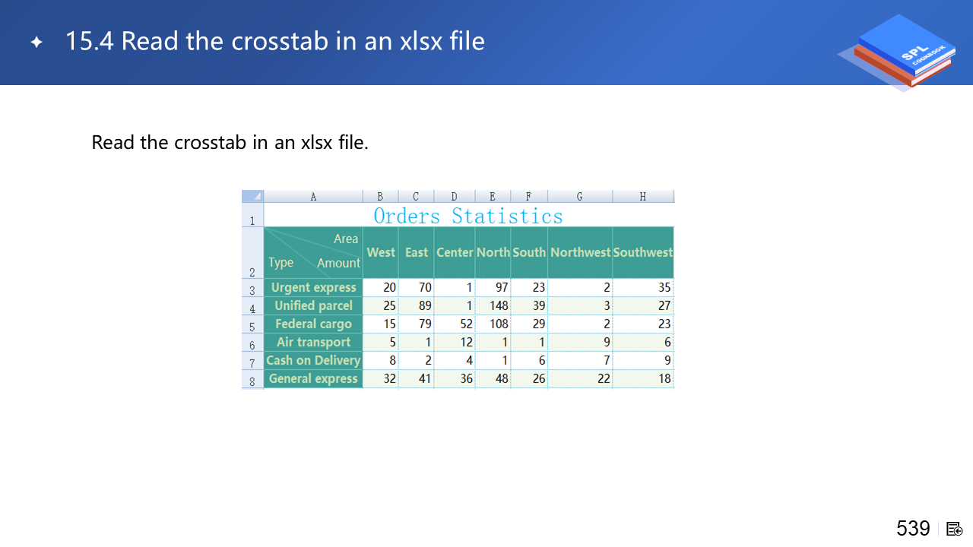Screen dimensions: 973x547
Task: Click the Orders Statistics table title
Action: [467, 217]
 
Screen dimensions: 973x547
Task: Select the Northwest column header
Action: [580, 252]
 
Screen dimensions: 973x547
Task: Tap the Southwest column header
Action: [643, 252]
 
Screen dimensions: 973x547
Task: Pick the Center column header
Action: [455, 252]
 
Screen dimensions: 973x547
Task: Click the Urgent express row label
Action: [314, 287]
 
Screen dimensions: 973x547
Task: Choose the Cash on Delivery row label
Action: [313, 360]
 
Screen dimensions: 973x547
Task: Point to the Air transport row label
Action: [314, 342]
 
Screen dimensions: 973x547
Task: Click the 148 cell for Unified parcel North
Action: [499, 305]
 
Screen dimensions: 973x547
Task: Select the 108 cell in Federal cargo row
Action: [499, 324]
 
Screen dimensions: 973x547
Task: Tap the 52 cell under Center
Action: [466, 324]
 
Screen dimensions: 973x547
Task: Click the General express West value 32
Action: [389, 378]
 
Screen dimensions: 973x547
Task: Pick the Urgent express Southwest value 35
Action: [664, 287]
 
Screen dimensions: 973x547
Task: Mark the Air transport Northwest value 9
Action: [607, 342]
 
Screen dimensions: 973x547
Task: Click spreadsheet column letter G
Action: [579, 197]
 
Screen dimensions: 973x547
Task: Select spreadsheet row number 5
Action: [252, 327]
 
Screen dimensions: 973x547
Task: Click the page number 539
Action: [913, 528]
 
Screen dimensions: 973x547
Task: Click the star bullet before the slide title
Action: [36, 42]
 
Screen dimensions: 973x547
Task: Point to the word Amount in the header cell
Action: [338, 263]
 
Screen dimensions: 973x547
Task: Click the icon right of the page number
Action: [954, 529]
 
